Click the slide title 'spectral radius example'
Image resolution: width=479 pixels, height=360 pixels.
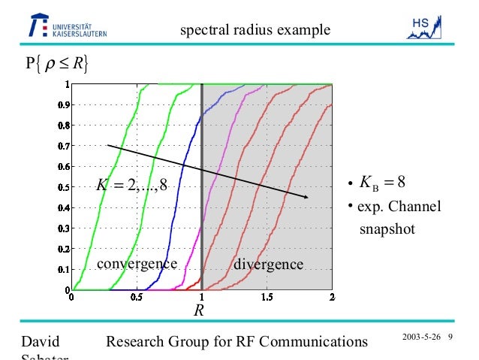(x=255, y=31)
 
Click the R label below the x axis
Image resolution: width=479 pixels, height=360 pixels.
(x=200, y=310)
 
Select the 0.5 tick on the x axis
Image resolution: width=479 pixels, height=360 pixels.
(x=136, y=298)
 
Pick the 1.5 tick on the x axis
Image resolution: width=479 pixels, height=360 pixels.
(x=267, y=298)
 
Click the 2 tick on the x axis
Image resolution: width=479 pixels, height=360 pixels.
(x=332, y=298)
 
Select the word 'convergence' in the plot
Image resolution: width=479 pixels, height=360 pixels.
(x=136, y=264)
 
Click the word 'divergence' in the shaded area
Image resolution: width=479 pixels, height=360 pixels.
(x=269, y=265)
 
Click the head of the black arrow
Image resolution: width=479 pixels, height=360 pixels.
(x=306, y=198)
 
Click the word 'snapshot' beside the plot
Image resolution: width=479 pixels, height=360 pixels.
(x=387, y=228)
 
